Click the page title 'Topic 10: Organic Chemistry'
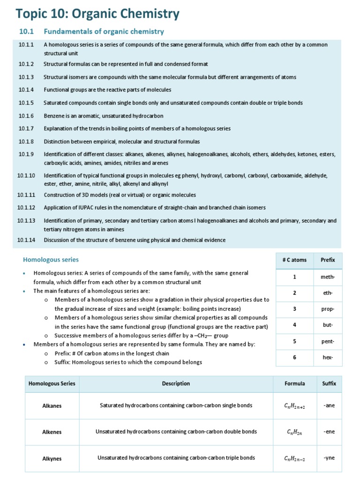click(x=97, y=14)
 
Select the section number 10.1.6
click(x=26, y=115)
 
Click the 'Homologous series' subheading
click(x=51, y=259)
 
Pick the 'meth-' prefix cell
click(x=328, y=277)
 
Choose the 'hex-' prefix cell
click(x=328, y=357)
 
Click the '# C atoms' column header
click(x=294, y=260)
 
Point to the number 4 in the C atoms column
click(x=294, y=325)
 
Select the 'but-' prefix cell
click(x=328, y=325)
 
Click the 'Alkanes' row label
click(x=52, y=405)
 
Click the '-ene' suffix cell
click(x=329, y=432)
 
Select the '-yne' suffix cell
click(x=329, y=458)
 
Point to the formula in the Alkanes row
click(x=294, y=406)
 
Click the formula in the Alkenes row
click(x=294, y=432)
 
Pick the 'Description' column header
click(x=176, y=383)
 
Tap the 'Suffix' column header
click(x=329, y=383)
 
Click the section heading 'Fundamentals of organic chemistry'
click(x=104, y=31)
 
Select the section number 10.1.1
click(x=26, y=45)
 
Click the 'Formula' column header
click(x=294, y=383)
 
